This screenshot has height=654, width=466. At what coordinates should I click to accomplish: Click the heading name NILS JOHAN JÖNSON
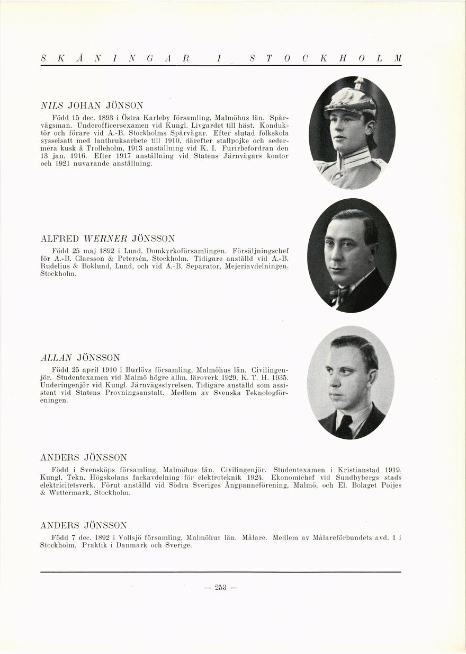click(92, 105)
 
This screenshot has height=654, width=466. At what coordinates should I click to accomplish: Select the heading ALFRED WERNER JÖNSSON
click(107, 238)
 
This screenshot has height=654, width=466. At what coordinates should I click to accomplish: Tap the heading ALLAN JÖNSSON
click(80, 357)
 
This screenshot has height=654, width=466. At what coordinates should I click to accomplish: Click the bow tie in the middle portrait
click(339, 291)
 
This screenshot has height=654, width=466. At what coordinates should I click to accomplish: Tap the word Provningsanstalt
click(136, 393)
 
